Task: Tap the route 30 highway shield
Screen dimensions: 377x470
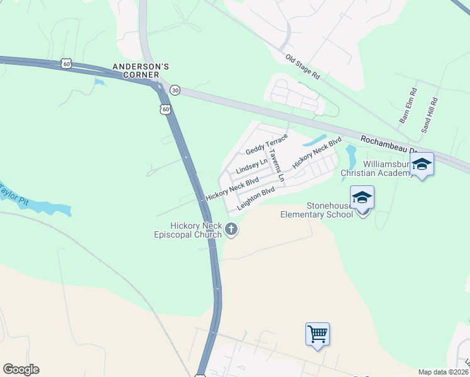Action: coord(175,90)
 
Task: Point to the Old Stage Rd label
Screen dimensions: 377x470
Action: coord(302,67)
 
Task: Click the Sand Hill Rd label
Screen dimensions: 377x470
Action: coord(429,115)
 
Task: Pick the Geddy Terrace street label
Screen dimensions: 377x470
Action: coord(266,144)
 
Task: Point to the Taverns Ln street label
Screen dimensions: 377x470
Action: coord(276,165)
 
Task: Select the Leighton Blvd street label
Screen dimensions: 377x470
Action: coord(256,198)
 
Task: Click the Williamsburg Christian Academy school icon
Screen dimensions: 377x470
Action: coord(422,165)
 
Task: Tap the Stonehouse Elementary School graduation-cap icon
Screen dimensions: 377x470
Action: coord(363,199)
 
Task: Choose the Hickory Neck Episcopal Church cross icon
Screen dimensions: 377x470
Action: coord(232,229)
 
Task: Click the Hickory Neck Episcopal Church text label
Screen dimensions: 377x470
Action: coord(196,230)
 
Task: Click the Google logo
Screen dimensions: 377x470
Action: coord(21,369)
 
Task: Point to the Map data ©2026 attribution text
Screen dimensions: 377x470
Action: coord(444,372)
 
